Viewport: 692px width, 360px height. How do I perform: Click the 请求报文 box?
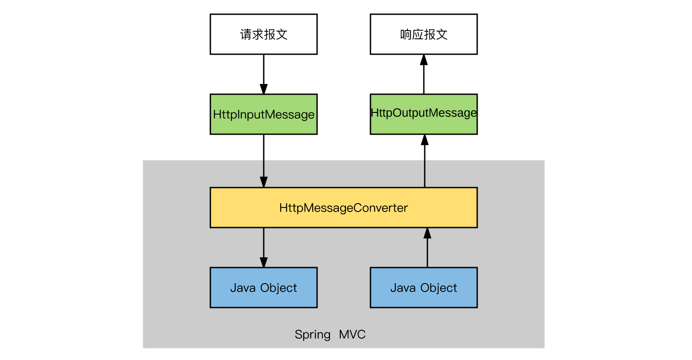263,34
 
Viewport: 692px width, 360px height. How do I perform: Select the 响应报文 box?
423,34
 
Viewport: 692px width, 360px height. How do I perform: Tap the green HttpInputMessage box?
263,114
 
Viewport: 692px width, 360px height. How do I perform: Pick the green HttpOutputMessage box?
423,114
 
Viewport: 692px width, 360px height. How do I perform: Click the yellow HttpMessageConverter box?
343,208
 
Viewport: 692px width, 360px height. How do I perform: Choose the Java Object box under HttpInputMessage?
263,288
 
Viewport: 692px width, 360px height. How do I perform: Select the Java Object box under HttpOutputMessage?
423,288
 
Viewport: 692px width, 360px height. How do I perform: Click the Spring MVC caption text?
330,335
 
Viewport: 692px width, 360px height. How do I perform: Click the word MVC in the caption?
352,334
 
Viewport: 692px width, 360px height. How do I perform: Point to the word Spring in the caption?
312,335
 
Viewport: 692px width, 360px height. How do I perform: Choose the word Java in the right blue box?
403,288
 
